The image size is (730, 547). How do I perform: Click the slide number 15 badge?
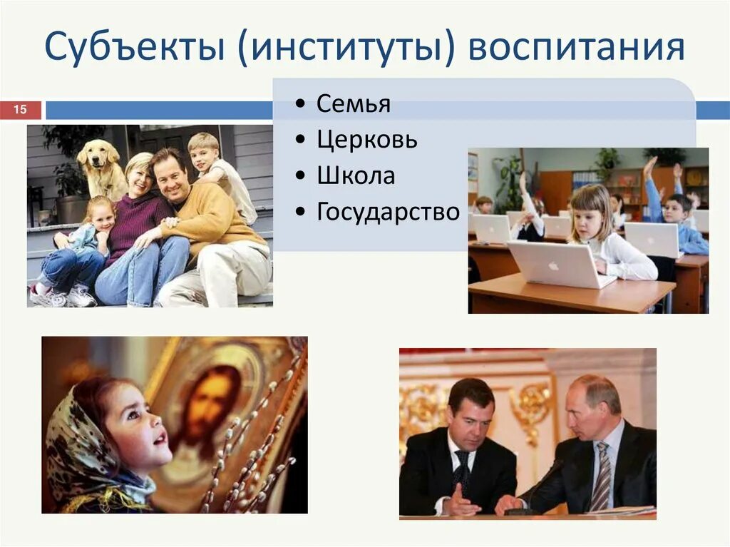coord(20,110)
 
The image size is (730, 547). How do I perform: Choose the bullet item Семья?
coord(353,104)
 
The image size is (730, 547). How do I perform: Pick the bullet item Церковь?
coord(366,140)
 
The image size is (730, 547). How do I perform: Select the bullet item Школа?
coord(356,175)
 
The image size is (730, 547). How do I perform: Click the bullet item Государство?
coord(388,212)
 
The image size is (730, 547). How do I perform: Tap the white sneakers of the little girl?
coord(64,296)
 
